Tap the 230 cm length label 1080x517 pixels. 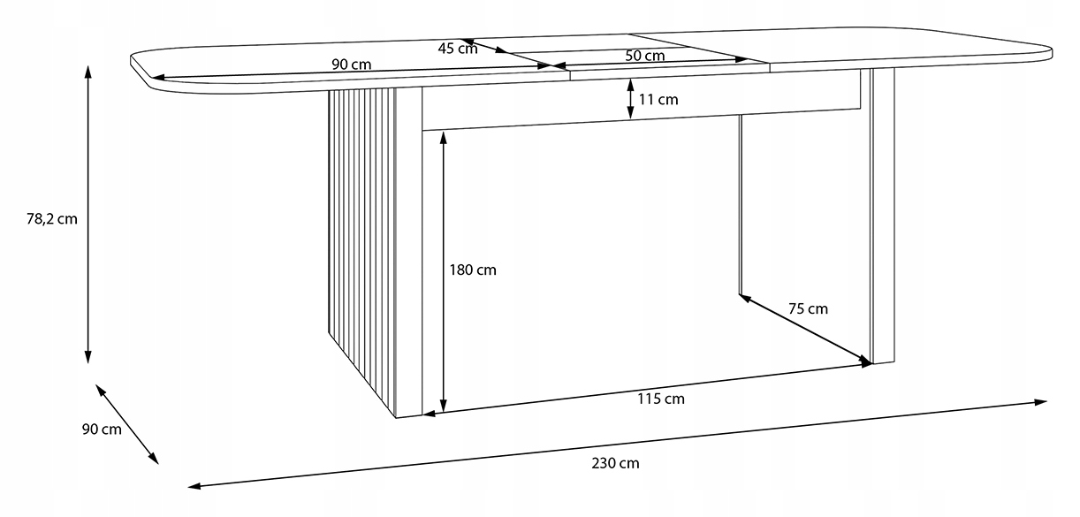click(616, 463)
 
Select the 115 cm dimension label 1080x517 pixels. click(661, 399)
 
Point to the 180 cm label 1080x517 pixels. click(474, 270)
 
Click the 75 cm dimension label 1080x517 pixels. click(807, 308)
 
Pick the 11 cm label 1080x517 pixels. click(658, 100)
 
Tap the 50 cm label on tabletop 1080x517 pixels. click(644, 56)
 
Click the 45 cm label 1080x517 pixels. click(457, 49)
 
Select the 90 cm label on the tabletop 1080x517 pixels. click(351, 65)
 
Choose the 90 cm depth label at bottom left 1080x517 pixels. click(101, 430)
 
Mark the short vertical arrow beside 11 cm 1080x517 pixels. click(630, 99)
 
